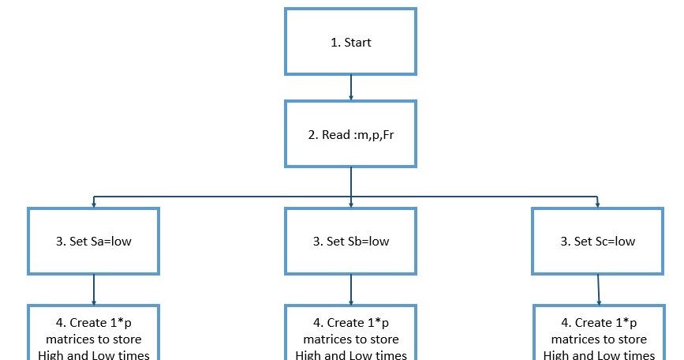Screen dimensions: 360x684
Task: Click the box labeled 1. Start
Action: coord(350,42)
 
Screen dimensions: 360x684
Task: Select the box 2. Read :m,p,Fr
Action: coord(350,133)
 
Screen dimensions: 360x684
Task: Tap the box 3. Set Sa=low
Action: coord(94,241)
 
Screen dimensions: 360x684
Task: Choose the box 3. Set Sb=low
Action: coord(350,241)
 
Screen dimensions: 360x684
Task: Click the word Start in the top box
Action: coord(357,42)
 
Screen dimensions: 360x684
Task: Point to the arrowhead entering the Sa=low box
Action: coord(94,204)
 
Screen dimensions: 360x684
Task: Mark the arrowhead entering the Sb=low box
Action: coord(350,204)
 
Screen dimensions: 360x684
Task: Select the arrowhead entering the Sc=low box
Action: coord(597,204)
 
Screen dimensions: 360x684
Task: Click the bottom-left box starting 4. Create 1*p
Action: coord(94,336)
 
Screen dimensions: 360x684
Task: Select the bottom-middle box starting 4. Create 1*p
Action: coord(350,336)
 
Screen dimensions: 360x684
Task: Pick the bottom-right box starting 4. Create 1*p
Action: coord(599,336)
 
